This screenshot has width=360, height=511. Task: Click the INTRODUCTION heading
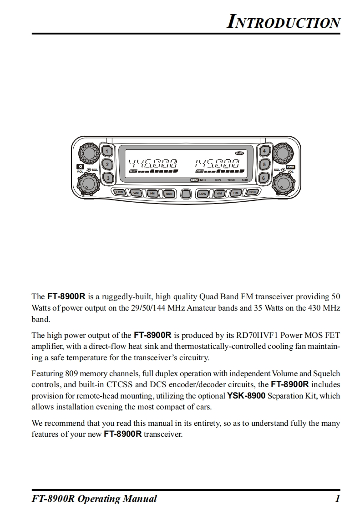(x=283, y=21)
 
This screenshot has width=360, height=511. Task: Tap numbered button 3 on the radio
(x=107, y=178)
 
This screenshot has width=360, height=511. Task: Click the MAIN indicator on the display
(x=239, y=153)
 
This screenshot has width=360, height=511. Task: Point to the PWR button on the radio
(x=290, y=167)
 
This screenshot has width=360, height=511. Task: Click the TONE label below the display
(x=231, y=180)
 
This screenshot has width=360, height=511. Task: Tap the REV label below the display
(x=218, y=180)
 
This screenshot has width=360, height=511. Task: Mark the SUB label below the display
(x=245, y=180)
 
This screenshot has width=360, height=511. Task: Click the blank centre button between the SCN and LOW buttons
(x=186, y=194)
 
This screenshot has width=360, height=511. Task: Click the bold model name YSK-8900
(x=246, y=396)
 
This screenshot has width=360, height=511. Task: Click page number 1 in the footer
(x=337, y=499)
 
